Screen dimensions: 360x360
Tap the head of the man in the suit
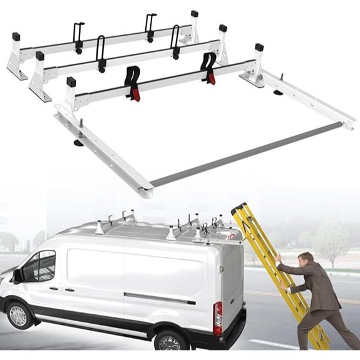[x=306, y=261]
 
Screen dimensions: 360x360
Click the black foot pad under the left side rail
[x=80, y=142]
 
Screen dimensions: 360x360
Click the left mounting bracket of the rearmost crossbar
[x=16, y=61]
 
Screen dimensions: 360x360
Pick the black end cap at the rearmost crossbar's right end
[x=194, y=14]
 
